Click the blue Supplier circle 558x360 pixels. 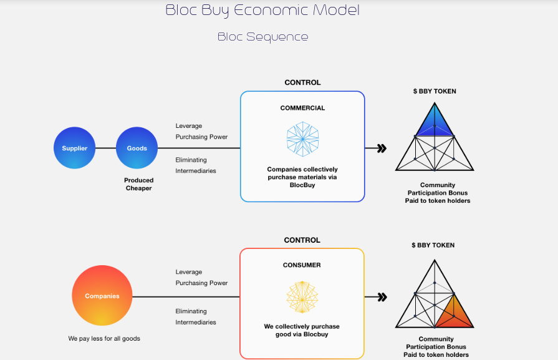pos(74,148)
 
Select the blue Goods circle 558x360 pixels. pos(137,148)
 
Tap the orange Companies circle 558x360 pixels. pos(102,296)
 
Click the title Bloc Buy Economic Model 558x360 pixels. pos(262,11)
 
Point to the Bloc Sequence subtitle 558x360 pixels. pos(263,37)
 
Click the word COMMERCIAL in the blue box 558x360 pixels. pos(302,108)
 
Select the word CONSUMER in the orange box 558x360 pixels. pos(302,265)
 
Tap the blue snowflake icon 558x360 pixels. pos(302,139)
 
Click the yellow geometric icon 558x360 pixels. pos(302,297)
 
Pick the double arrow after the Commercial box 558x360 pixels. pos(382,148)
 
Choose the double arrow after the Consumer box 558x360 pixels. pos(382,297)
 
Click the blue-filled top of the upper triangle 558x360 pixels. pos(435,122)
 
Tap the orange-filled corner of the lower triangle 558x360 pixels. pos(454,313)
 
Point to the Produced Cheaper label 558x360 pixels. pos(139,184)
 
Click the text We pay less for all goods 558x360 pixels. pos(104,338)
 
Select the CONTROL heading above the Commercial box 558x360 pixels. pos(302,82)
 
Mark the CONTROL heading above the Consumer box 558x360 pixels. pos(302,240)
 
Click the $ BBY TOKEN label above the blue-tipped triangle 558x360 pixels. pos(435,91)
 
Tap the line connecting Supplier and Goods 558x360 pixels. pos(106,148)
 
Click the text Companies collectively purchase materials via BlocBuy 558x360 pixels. pos(302,177)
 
